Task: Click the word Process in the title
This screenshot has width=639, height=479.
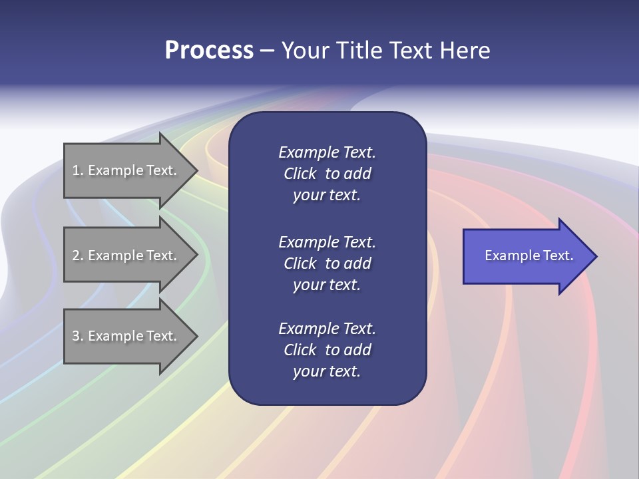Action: (x=209, y=51)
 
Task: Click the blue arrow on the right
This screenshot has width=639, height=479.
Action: (x=526, y=256)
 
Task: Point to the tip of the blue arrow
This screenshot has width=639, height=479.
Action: (x=595, y=256)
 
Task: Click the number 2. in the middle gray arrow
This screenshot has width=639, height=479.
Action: (x=78, y=255)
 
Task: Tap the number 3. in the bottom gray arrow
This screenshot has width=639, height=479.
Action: (x=78, y=336)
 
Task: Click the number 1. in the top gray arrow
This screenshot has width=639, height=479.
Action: (x=78, y=170)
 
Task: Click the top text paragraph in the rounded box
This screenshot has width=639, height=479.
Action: (x=327, y=174)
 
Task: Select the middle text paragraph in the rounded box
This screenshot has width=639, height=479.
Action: (x=327, y=263)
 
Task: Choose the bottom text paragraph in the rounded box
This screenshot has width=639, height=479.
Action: (x=327, y=350)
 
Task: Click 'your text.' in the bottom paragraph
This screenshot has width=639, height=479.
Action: (x=327, y=372)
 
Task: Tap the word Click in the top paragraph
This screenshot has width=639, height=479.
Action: (x=300, y=174)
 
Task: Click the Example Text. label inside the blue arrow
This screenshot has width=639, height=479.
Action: (x=529, y=255)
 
